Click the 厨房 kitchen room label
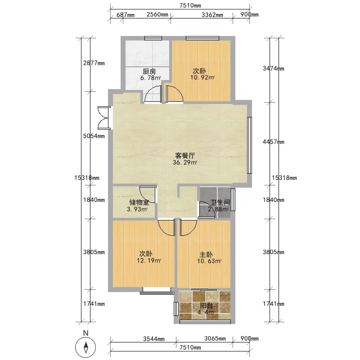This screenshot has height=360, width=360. (149, 71)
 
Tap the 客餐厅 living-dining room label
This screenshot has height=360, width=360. (185, 156)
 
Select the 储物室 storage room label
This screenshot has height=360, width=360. (139, 202)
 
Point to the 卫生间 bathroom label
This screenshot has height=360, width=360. (220, 202)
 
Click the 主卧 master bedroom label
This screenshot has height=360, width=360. (206, 254)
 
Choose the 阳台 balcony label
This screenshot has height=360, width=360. (206, 306)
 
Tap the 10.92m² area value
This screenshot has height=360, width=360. (202, 77)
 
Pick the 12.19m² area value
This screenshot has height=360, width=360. (149, 261)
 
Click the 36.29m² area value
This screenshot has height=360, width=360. (185, 162)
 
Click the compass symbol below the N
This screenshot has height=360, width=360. (85, 347)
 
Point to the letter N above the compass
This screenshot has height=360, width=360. (85, 333)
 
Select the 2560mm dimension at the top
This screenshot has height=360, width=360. (157, 14)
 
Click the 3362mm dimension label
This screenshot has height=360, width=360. (212, 15)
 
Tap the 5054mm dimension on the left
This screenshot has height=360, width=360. (94, 136)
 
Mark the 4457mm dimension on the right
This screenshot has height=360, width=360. (274, 142)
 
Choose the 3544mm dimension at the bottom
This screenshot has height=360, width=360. (154, 339)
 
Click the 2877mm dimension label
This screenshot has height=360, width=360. (94, 63)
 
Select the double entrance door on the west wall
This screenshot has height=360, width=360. (104, 118)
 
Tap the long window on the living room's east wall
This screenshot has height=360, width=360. (249, 145)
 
